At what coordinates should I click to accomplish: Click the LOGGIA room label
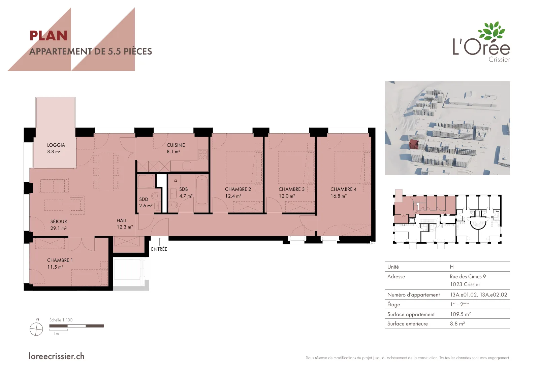click(56, 145)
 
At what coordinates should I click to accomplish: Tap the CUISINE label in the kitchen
click(176, 145)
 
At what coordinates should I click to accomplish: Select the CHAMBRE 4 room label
click(343, 189)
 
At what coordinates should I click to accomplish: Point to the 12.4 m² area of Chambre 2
click(233, 196)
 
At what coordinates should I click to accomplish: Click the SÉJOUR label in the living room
click(59, 221)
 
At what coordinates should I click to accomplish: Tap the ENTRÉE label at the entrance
click(159, 249)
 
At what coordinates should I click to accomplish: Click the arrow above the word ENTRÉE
click(160, 241)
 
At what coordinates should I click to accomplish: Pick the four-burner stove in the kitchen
click(202, 154)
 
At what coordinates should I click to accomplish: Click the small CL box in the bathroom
click(176, 180)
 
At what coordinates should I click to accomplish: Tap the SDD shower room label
click(144, 199)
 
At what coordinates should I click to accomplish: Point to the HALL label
click(122, 220)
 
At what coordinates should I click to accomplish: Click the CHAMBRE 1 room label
click(60, 260)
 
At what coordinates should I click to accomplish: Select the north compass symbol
click(36, 329)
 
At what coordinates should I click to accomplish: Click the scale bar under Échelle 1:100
click(76, 326)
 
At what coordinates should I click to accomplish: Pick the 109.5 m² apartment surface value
click(460, 314)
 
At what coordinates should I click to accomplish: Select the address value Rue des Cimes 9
click(468, 277)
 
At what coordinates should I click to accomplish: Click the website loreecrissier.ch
click(57, 356)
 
